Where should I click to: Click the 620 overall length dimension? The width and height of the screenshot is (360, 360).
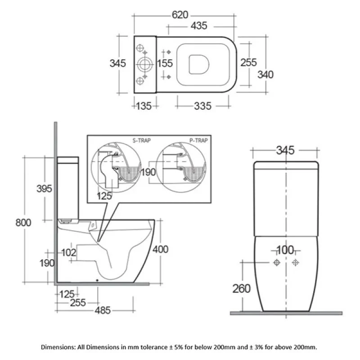tap(180, 15)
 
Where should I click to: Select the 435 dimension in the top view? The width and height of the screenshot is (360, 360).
tap(200, 27)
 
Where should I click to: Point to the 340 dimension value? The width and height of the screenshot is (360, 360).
tap(265, 74)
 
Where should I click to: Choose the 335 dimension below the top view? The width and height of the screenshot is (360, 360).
tap(202, 106)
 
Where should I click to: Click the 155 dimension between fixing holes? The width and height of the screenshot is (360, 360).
tap(165, 63)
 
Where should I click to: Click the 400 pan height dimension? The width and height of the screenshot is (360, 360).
tap(161, 249)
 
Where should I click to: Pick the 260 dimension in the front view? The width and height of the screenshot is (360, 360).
tap(242, 288)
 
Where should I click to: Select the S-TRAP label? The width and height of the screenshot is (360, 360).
tap(141, 140)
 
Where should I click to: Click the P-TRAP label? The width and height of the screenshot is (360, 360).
tap(198, 140)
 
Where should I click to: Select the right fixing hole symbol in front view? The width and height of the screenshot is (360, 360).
tap(296, 262)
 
